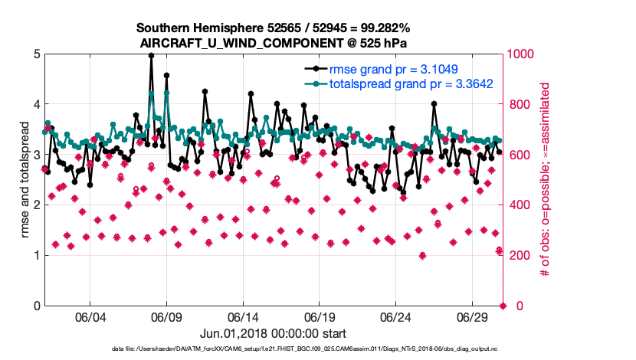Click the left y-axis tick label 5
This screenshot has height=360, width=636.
click(35, 54)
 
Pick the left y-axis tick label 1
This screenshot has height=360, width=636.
click(35, 256)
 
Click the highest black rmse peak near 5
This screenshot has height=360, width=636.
click(151, 55)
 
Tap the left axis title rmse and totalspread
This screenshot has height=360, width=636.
click(25, 180)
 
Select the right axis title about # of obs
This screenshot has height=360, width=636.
click(546, 180)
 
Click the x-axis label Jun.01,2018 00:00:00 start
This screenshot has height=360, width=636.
click(273, 334)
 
